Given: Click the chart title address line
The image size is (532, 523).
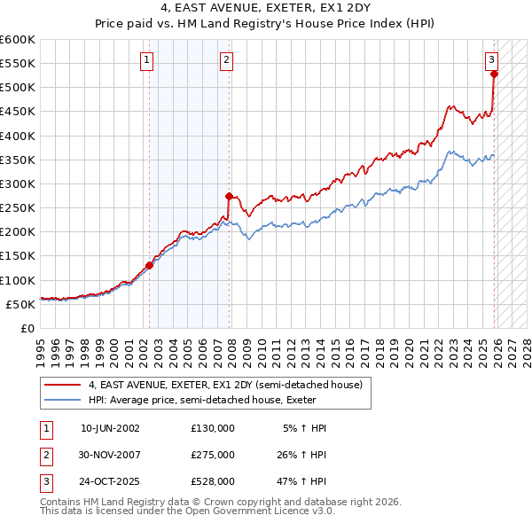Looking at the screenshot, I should [265, 9].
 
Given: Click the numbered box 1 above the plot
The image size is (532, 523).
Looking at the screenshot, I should [145, 60].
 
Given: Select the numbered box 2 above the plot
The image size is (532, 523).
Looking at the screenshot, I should [226, 60].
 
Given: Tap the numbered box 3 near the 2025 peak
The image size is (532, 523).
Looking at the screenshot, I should [490, 60].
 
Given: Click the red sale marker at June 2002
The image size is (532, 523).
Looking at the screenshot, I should [149, 265].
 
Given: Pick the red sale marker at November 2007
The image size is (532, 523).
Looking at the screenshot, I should [229, 196].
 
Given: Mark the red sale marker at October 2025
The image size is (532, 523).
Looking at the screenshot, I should [494, 74].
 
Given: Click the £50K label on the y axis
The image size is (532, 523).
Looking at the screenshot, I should [20, 304].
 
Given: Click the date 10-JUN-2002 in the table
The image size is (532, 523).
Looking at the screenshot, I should [110, 428].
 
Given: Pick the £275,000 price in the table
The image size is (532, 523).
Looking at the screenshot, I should [213, 455].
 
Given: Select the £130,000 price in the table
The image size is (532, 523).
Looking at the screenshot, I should [213, 428].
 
